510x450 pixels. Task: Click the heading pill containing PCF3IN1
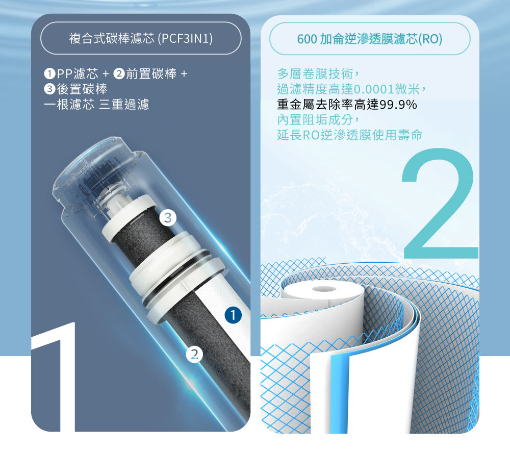pyautogui.click(x=141, y=38)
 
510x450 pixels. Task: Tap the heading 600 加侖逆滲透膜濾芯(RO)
pyautogui.click(x=370, y=39)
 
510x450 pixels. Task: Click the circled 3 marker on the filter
pyautogui.click(x=167, y=218)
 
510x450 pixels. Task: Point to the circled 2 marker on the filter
pyautogui.click(x=194, y=354)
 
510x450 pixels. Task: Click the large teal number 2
pyautogui.click(x=440, y=204)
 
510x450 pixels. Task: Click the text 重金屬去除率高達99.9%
pyautogui.click(x=347, y=105)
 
